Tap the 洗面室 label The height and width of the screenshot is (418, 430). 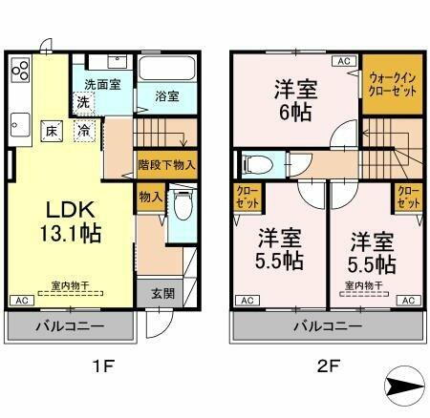(x=101, y=84)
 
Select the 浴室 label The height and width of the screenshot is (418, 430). (x=166, y=95)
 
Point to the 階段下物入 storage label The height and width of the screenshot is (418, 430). (x=166, y=164)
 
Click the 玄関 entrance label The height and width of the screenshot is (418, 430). (x=161, y=294)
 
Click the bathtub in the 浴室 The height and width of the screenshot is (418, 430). (x=166, y=70)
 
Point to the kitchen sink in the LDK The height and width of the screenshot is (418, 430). (x=20, y=122)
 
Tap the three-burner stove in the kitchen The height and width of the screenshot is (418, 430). (x=21, y=73)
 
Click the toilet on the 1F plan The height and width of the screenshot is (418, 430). (x=181, y=205)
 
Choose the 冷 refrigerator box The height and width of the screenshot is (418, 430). (x=85, y=131)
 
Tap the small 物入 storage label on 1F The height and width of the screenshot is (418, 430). (x=149, y=198)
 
